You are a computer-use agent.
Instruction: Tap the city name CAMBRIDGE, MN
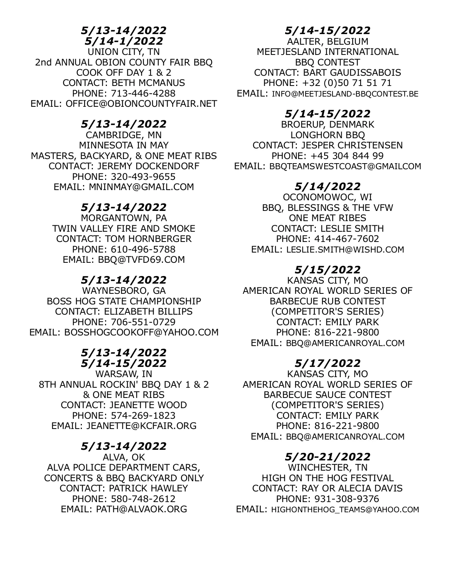coord(124,135)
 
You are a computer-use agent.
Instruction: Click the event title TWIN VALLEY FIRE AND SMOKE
coord(124,229)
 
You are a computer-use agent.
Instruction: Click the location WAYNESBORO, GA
coord(124,291)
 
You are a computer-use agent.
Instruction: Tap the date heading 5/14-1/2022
coord(124,41)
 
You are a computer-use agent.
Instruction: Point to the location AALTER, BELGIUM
coord(328,41)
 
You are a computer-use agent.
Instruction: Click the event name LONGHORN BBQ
coord(328,135)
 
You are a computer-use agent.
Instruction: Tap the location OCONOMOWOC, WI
coord(328,197)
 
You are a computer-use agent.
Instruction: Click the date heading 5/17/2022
coord(328,363)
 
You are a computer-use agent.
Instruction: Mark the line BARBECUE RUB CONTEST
coord(328,301)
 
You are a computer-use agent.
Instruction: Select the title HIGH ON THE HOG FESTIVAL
coord(328,478)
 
